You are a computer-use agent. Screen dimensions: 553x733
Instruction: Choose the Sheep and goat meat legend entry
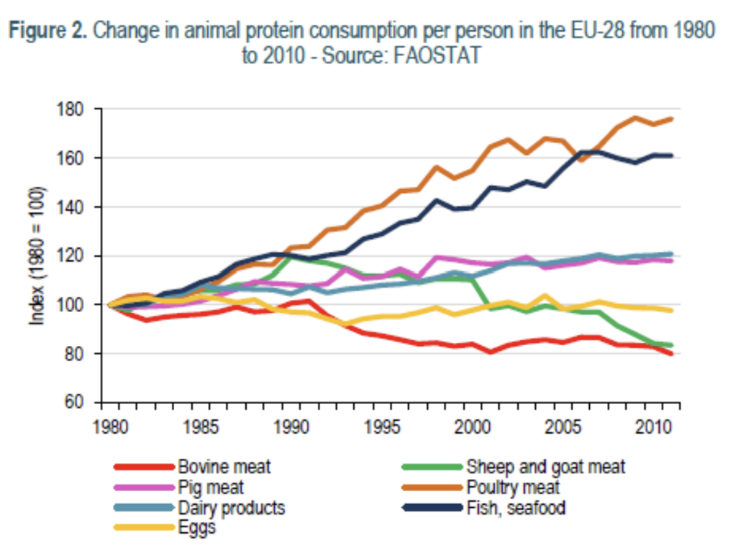(x=545, y=467)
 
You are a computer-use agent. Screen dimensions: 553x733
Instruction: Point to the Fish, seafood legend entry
(x=516, y=508)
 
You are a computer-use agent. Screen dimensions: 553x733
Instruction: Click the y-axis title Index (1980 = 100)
(x=37, y=256)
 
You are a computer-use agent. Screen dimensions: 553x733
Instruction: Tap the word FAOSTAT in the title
(x=438, y=55)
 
